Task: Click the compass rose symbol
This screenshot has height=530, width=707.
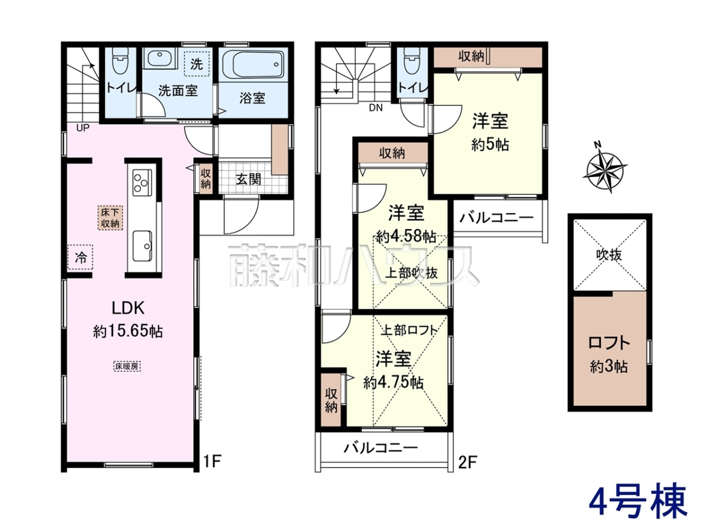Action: point(604,171)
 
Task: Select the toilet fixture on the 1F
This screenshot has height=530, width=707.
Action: point(120,62)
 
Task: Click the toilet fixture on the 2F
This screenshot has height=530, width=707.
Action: point(412,61)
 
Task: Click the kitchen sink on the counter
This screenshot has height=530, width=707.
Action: point(142,246)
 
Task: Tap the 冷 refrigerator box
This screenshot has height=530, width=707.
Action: point(81,257)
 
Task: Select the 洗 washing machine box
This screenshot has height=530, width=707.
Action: point(196,64)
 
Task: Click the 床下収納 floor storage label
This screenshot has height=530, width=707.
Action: point(110,218)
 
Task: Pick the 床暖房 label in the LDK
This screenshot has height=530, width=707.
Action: point(127,366)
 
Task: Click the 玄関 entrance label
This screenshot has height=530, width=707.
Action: point(247,179)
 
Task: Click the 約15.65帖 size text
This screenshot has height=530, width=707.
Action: point(128,331)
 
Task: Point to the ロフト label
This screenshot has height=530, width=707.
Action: point(609,343)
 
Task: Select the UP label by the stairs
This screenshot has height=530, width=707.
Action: point(83,128)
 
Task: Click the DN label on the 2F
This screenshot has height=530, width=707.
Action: point(376,108)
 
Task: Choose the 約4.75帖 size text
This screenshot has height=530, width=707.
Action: point(394,383)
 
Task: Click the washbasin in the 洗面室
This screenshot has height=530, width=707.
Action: point(159,58)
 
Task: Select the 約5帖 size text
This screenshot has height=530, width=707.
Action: point(490,145)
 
